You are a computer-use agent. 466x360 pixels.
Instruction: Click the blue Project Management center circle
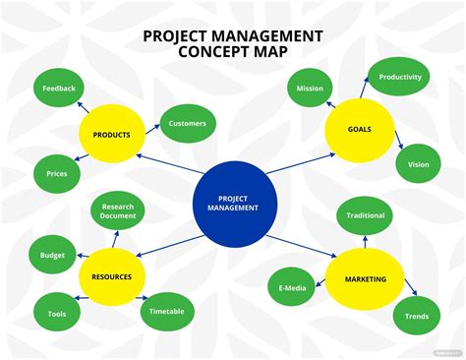tap(235, 204)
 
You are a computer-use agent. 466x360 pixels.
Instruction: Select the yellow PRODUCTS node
tap(112, 134)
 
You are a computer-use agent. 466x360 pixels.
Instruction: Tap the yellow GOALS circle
tap(360, 130)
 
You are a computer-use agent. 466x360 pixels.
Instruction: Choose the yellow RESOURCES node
tap(112, 276)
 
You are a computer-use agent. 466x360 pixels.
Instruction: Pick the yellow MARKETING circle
tap(365, 279)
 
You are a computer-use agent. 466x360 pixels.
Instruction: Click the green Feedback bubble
tap(59, 88)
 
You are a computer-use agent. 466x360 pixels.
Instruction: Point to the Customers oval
tap(188, 123)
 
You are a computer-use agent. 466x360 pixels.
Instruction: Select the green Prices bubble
tap(57, 173)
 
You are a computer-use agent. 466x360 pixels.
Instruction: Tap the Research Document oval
tap(118, 211)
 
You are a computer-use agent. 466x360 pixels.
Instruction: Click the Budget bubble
tap(52, 255)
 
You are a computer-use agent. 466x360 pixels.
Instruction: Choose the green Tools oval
tap(57, 314)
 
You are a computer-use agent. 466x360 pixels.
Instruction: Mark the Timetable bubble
tap(167, 311)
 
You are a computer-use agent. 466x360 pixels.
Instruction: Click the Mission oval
tap(310, 88)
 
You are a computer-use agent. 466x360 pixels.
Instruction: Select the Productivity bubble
tap(399, 77)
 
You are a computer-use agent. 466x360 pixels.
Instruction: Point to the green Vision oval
tap(418, 164)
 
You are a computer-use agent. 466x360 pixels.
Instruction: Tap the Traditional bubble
tap(365, 215)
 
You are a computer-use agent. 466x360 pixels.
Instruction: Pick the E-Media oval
tap(292, 287)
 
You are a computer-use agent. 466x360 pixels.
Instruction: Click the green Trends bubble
tap(417, 316)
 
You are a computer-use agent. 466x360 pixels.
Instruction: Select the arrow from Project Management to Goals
tap(301, 163)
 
